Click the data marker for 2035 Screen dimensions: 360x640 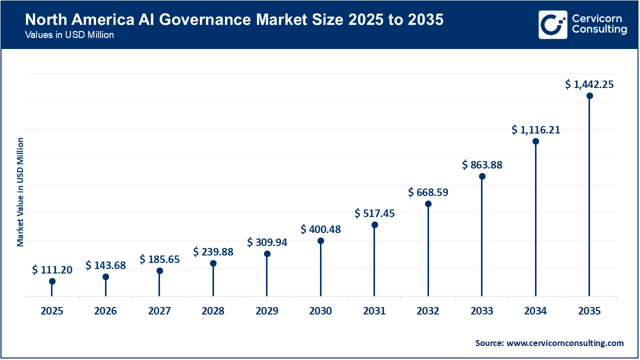point(589,96)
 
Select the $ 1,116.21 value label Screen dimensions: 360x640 point(535,130)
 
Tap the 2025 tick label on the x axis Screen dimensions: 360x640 point(52,311)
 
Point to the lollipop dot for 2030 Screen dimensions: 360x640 point(320,241)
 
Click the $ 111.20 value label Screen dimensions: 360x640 point(52,270)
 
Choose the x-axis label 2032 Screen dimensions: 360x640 point(428,311)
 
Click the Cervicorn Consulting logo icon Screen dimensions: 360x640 point(552,24)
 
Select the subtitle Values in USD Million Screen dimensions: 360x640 point(69,35)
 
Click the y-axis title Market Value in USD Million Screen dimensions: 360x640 point(20,191)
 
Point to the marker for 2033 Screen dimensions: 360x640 point(482,176)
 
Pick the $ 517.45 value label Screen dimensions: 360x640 point(374,213)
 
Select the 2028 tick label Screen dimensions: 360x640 point(213,311)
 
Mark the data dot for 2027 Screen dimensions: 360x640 point(159,271)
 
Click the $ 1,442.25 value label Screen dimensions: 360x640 point(589,84)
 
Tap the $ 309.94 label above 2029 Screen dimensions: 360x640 point(267,242)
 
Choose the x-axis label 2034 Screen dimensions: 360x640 point(535,311)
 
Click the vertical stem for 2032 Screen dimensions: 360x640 point(428,250)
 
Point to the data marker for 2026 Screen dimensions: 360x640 point(105,277)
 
